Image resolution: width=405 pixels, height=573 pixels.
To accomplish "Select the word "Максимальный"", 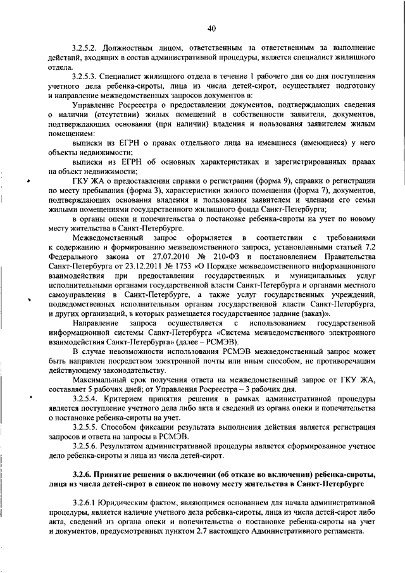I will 99,379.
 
